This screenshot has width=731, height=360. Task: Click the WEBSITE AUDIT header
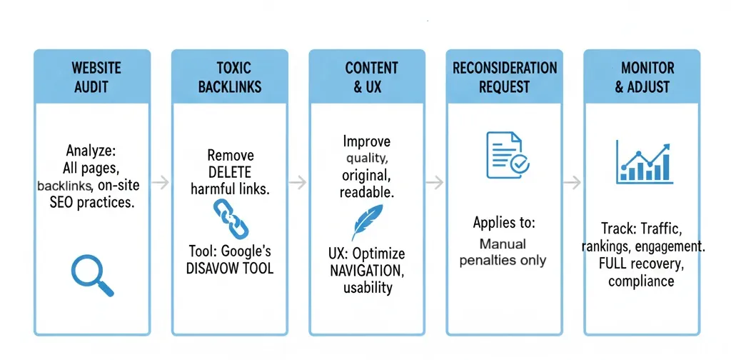[96, 77]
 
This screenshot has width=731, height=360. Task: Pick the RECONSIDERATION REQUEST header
[505, 77]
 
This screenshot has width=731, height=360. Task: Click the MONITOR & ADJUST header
[642, 77]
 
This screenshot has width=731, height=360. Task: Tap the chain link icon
[231, 219]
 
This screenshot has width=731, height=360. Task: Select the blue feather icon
[366, 223]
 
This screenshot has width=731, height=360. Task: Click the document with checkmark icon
[507, 154]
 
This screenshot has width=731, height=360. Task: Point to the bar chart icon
[644, 162]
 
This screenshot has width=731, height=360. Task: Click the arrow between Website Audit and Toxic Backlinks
[161, 183]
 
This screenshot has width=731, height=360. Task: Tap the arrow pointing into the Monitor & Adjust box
[572, 183]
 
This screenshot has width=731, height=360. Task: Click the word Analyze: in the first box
[91, 152]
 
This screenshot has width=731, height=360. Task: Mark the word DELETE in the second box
[231, 172]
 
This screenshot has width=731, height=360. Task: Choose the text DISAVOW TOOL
[231, 269]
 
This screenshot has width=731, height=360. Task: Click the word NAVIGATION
[367, 271]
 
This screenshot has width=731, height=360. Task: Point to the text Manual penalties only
[503, 252]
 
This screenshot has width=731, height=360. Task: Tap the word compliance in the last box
[641, 281]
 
